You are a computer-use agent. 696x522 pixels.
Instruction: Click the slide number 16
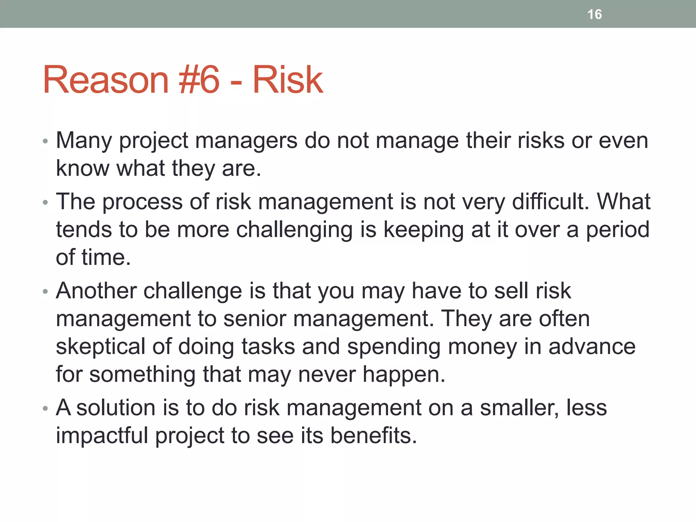594,15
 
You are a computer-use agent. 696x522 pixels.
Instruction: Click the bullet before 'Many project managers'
46,141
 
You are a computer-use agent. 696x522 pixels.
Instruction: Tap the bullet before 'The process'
46,203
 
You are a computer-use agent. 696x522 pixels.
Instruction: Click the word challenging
294,230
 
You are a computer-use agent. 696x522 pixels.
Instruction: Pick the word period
617,230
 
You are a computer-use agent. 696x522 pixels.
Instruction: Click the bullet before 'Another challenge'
46,292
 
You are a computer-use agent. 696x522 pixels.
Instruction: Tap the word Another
96,291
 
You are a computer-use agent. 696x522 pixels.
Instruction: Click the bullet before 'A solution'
46,409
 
